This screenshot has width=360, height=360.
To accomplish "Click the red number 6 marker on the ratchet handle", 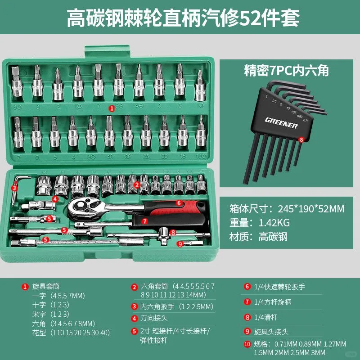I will pyautogui.click(x=179, y=203).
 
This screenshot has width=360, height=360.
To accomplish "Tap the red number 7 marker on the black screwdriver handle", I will pyautogui.click(x=144, y=221).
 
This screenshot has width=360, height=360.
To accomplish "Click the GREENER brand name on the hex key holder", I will pyautogui.click(x=281, y=122).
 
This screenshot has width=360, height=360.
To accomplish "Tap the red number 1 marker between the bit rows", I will pyautogui.click(x=112, y=108).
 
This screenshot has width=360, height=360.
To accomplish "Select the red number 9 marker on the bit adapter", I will pyautogui.click(x=180, y=244).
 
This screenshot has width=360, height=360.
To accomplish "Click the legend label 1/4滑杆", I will pyautogui.click(x=266, y=317).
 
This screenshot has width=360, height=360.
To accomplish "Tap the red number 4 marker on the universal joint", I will pyautogui.click(x=55, y=198).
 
